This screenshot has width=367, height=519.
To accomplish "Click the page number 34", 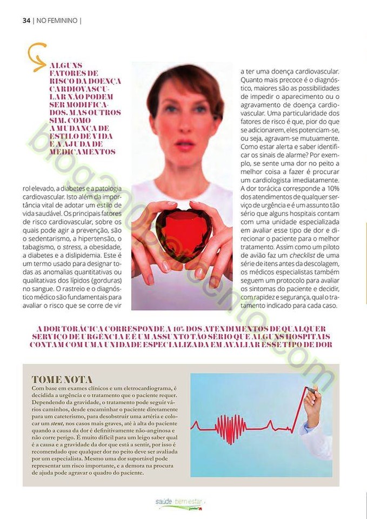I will tap(26, 21).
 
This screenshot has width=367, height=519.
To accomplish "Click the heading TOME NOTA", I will tap(62, 380).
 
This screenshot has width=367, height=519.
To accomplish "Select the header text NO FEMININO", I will tap(57, 21).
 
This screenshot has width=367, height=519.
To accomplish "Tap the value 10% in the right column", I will tap(333, 188).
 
